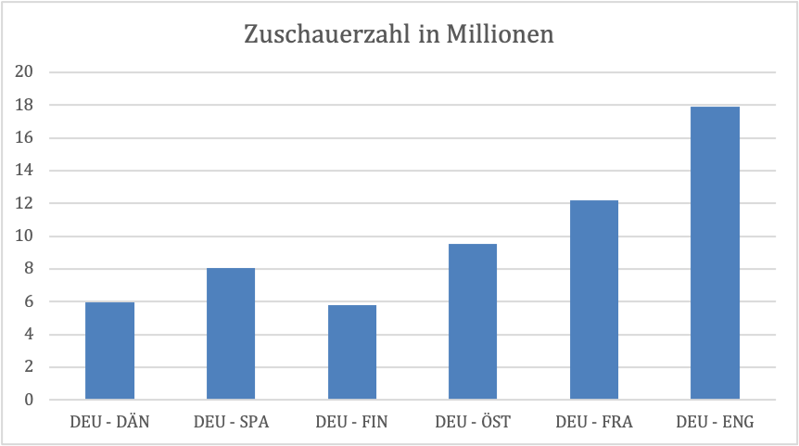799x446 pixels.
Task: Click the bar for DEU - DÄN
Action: coord(110,350)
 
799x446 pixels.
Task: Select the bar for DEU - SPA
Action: coord(231,334)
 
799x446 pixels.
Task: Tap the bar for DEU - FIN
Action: coord(352,352)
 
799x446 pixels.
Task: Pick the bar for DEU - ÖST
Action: coord(473,322)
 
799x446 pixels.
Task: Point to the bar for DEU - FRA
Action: coord(594,299)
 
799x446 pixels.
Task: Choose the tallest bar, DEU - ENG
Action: coord(715,253)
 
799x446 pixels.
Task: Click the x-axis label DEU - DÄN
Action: coord(110,422)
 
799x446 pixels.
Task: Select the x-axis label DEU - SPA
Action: coord(232,422)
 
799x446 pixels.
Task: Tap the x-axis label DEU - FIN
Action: coord(352,422)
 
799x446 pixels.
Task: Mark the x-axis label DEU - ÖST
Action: coord(473,422)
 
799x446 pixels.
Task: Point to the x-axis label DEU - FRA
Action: coord(594,422)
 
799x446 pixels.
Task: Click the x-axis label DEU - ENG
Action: coord(715,422)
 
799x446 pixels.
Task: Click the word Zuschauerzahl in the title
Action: coord(322,35)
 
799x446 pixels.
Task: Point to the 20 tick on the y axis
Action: coord(26,72)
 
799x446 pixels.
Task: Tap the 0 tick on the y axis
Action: coord(30,400)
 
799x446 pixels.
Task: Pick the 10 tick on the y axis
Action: coord(26,236)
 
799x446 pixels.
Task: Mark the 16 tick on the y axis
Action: coord(26,138)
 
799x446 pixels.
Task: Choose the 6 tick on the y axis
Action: coord(30,301)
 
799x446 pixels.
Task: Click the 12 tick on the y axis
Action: coord(26,203)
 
